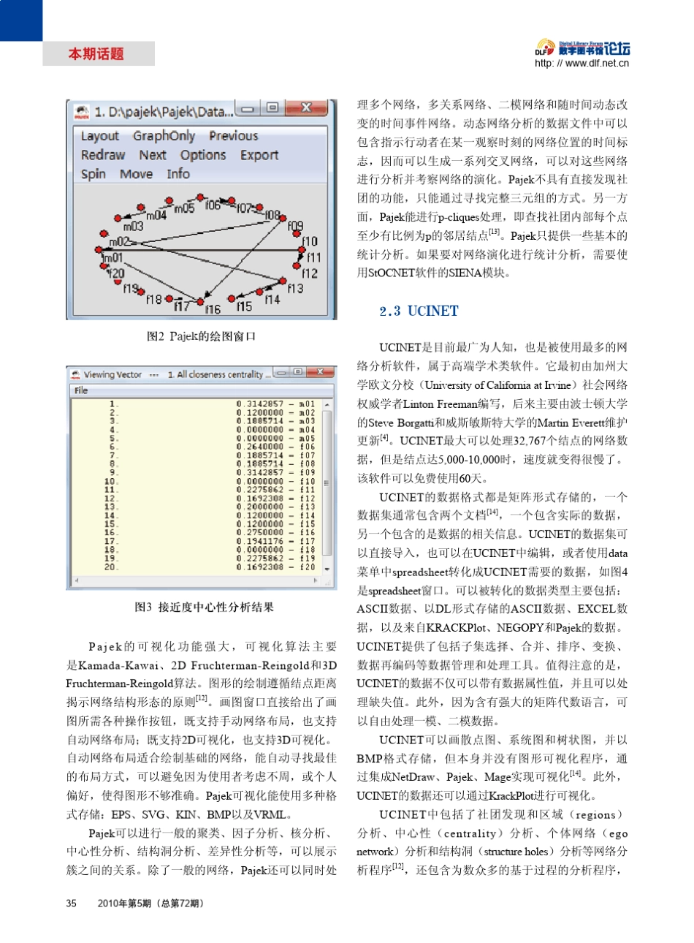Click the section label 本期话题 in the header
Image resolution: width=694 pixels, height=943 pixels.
[x=96, y=54]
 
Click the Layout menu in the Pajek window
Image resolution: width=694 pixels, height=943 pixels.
[x=99, y=136]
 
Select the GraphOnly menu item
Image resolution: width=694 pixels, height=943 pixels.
[x=164, y=136]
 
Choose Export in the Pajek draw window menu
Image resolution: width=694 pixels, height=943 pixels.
[x=259, y=155]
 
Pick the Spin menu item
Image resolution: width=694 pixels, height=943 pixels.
[x=93, y=174]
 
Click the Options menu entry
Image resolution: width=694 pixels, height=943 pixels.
[x=203, y=155]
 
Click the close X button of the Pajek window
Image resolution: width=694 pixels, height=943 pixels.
[x=306, y=109]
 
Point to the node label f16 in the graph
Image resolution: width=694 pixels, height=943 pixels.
[x=213, y=309]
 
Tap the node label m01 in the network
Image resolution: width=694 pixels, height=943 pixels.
[x=113, y=258]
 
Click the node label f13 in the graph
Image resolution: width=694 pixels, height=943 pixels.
[x=295, y=289]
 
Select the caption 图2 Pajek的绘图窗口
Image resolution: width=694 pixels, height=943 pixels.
[x=202, y=336]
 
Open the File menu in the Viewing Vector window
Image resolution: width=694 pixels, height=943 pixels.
[x=81, y=390]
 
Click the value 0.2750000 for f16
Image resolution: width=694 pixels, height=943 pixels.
[x=259, y=533]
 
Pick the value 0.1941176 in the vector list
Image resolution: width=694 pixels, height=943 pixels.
[x=259, y=542]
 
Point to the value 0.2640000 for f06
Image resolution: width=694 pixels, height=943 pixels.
[x=259, y=447]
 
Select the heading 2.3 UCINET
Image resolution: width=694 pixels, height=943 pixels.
[x=419, y=311]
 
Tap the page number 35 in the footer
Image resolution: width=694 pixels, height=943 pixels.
[x=72, y=904]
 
